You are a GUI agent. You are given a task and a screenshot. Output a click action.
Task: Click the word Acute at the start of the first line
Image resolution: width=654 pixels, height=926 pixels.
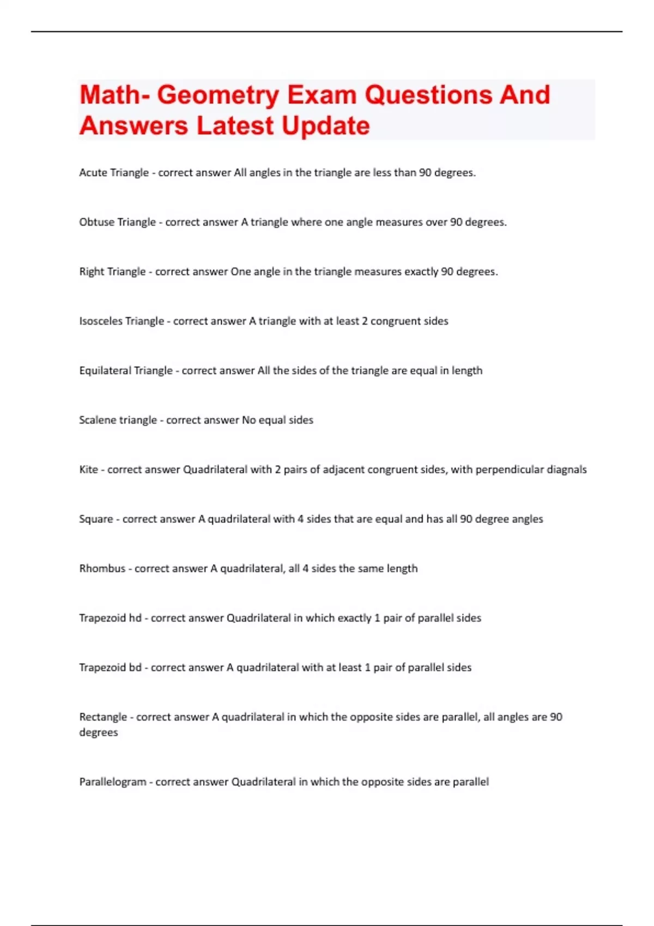[x=93, y=173]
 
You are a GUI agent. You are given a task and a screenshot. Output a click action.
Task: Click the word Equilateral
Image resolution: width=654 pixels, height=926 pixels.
[x=105, y=371]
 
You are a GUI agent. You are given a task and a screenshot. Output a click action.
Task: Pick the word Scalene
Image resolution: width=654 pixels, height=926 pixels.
[x=97, y=420]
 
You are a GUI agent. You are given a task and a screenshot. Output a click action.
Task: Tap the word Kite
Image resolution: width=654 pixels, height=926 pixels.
[x=88, y=470]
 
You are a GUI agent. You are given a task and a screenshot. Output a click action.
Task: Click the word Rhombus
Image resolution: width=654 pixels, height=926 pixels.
[x=102, y=569]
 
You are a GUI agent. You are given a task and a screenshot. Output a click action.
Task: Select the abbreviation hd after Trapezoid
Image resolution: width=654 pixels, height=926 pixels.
[x=135, y=618]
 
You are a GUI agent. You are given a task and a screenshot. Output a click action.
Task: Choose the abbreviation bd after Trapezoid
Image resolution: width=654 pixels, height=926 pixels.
[x=135, y=668]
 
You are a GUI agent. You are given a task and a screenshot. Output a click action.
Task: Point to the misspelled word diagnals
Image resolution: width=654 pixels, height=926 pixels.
[x=566, y=470]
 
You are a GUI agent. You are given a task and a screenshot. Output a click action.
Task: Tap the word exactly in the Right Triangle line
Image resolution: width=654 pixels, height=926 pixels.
[x=420, y=272]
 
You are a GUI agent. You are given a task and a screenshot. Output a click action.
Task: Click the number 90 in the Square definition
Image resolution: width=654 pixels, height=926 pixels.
[x=466, y=519]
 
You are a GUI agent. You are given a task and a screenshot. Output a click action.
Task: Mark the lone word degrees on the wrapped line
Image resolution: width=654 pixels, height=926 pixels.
[x=98, y=733]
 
